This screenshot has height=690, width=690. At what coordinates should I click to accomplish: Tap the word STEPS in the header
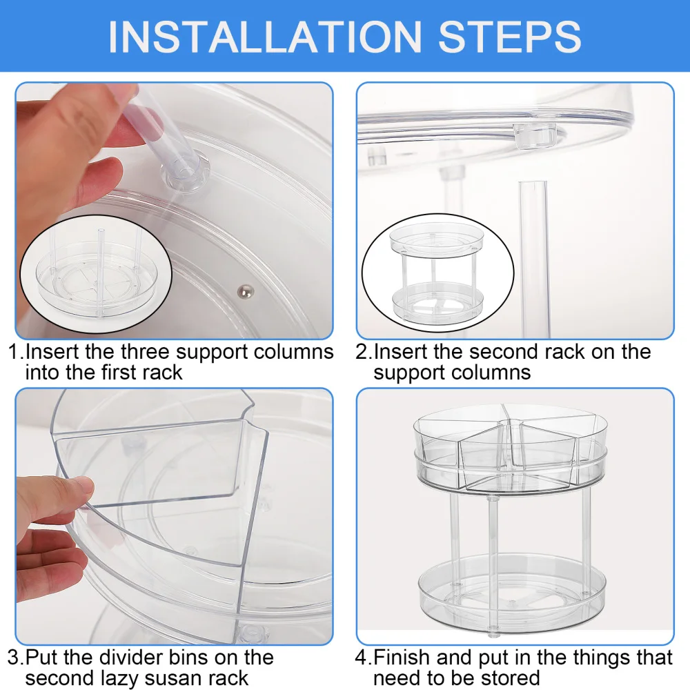510,37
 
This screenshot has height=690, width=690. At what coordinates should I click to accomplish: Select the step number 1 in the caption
14,352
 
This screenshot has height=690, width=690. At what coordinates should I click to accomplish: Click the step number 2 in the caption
362,352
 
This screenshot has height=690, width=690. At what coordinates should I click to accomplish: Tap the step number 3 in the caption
14,658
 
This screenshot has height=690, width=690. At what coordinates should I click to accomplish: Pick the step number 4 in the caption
362,658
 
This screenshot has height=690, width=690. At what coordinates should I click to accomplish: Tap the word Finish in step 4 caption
401,658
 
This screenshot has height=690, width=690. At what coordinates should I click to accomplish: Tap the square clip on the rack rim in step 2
534,136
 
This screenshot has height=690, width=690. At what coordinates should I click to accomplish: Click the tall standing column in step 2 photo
533,259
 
